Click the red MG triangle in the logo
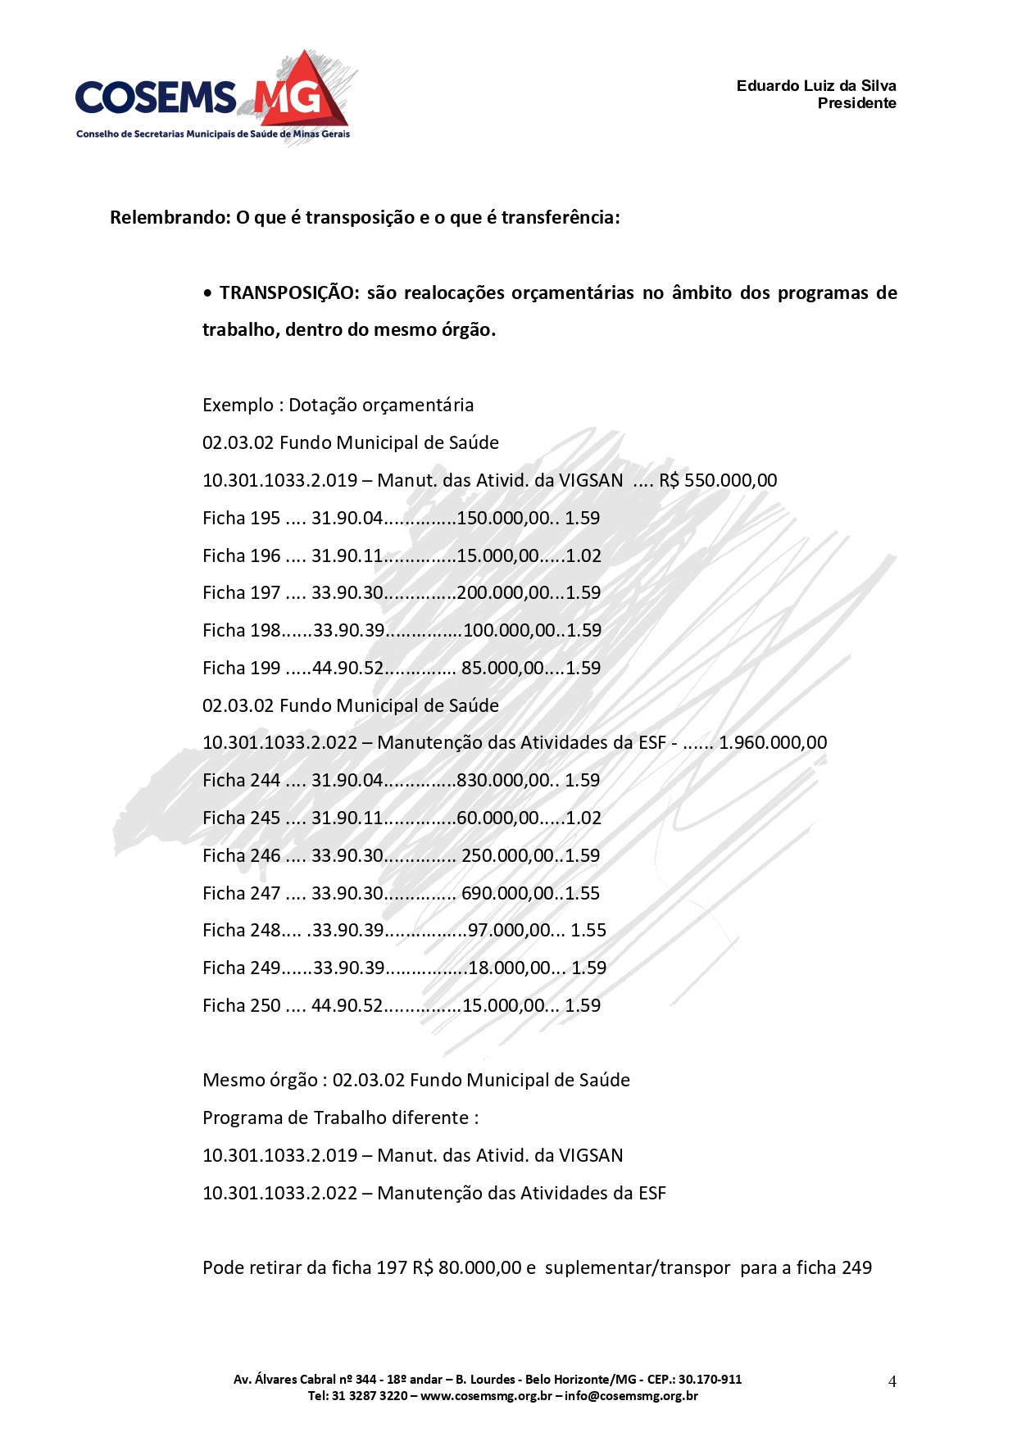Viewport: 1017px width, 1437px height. click(x=302, y=92)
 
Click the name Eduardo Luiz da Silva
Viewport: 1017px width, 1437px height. click(x=815, y=86)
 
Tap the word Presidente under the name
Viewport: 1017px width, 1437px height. click(x=856, y=103)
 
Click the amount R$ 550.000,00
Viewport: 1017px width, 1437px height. click(x=718, y=481)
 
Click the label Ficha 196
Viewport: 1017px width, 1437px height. click(x=241, y=556)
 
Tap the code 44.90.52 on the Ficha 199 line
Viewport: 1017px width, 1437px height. click(x=347, y=669)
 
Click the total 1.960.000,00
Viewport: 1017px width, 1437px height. click(x=773, y=743)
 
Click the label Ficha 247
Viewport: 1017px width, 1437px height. click(x=241, y=894)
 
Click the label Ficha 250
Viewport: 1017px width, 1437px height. click(x=241, y=1006)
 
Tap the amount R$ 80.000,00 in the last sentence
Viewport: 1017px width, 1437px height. click(x=467, y=1268)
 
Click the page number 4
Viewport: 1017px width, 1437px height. click(x=892, y=1381)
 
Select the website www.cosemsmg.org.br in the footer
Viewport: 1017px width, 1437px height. click(x=486, y=1396)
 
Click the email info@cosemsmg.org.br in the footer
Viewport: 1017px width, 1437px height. click(x=631, y=1396)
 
